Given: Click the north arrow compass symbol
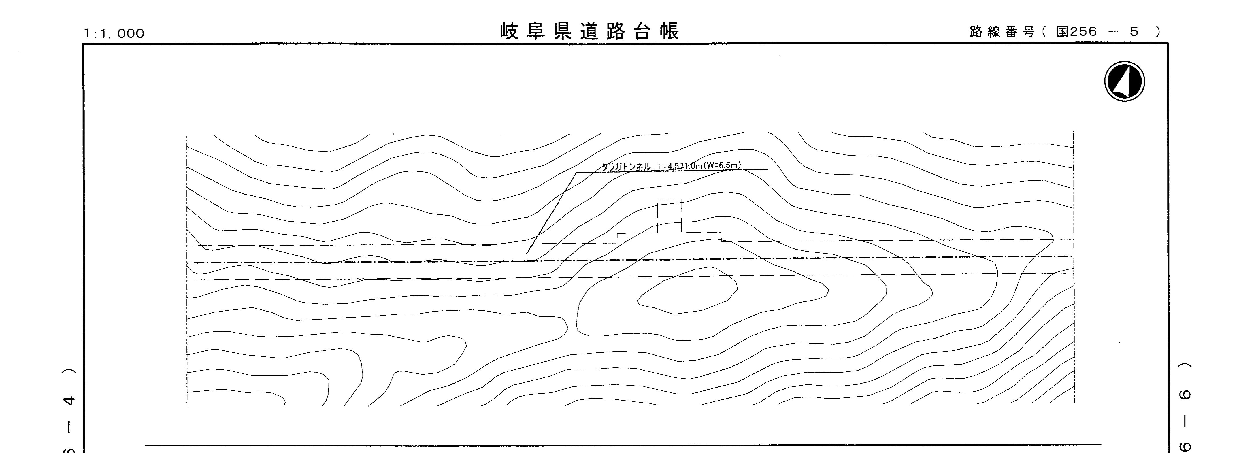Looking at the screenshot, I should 1124,81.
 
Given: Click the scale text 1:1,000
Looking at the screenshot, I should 114,33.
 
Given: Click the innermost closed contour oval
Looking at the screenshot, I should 687,291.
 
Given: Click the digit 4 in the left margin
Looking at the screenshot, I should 70,400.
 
